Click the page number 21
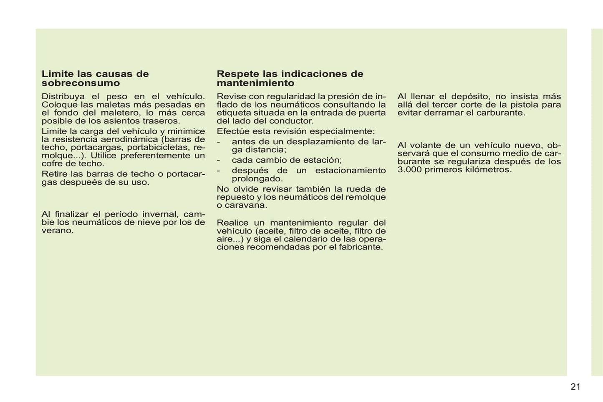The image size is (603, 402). [575, 387]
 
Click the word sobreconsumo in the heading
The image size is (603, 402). [81, 83]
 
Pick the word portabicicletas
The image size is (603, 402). [159, 147]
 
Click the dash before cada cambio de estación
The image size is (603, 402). [218, 160]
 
